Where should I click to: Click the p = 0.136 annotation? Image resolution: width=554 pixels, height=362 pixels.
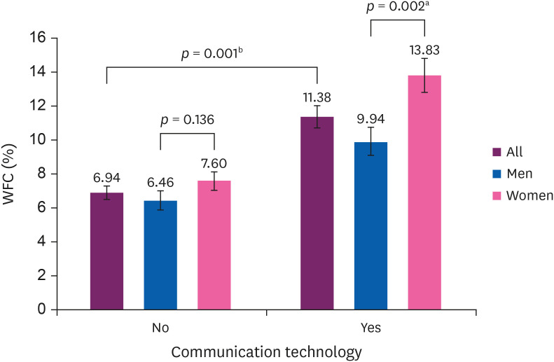[187, 120]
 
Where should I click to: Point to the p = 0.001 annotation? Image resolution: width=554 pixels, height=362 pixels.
[213, 53]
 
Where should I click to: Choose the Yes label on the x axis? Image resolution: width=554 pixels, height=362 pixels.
[371, 327]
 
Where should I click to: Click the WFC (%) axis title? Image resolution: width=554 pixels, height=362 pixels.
[13, 173]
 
